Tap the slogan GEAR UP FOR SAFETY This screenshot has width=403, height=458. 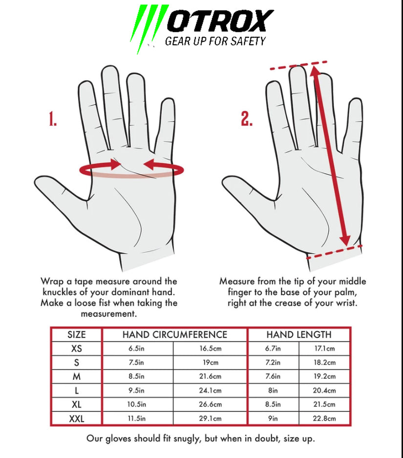tap(215, 41)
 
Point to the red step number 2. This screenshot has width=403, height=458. tap(247, 119)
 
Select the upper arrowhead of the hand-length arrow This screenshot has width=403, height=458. tap(314, 71)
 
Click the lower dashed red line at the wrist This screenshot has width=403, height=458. tap(335, 252)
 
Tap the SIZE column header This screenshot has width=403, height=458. tap(77, 334)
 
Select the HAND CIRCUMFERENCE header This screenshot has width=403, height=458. tap(175, 334)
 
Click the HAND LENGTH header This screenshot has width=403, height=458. tap(299, 334)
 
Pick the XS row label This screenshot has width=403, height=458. tap(77, 349)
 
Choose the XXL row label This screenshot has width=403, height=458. tap(77, 419)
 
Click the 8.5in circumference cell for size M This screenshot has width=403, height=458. tap(137, 376)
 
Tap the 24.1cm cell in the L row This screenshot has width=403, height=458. tap(210, 390)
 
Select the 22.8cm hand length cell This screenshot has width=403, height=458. tap(324, 418)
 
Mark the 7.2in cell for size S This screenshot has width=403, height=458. tap(273, 363)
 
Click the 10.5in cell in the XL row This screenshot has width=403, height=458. tap(137, 404)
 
